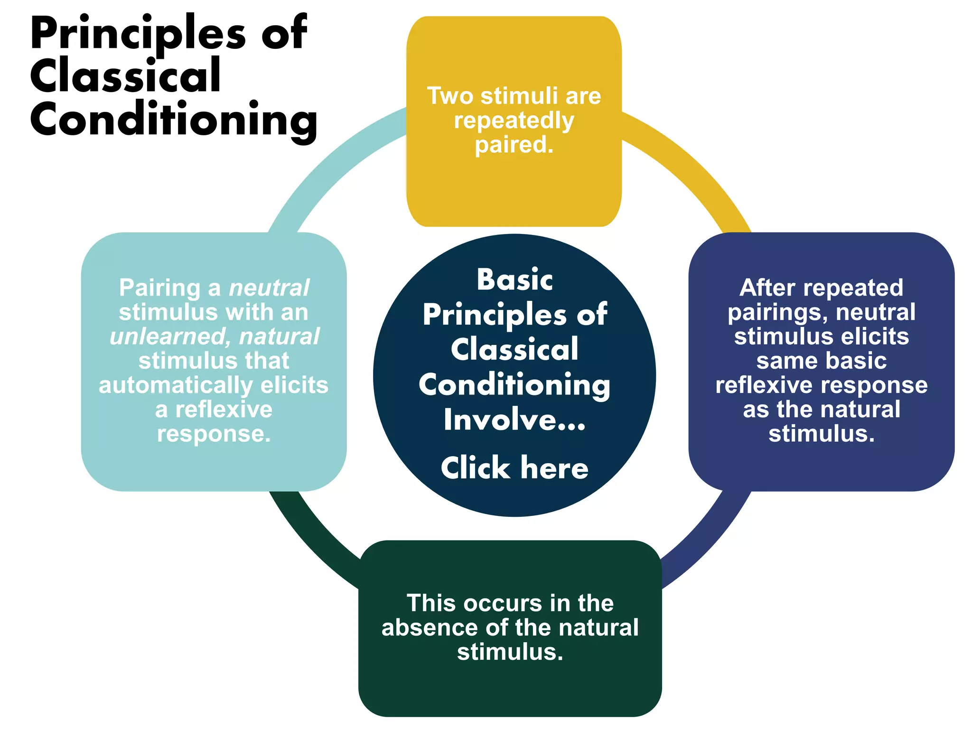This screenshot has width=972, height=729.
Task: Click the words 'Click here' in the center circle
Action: coord(514,468)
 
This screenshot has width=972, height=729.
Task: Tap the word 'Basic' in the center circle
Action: coord(515,280)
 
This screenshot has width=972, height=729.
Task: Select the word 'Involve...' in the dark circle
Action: coord(514,420)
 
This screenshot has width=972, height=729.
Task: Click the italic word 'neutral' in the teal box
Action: coord(269,288)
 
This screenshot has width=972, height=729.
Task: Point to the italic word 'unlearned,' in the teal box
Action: coord(170,336)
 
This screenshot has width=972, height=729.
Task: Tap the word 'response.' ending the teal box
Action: coord(214,434)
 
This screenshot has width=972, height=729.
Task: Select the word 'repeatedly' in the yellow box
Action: coord(514,121)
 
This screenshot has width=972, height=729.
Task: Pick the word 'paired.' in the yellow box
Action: coord(514,145)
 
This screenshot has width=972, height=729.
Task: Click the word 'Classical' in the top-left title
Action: coord(126,76)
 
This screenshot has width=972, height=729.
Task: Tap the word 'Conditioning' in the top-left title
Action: coord(174,120)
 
